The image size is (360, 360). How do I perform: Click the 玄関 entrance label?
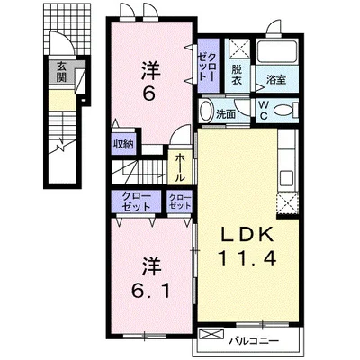(x=61, y=72)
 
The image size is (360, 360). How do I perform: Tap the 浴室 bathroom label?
(x=276, y=79)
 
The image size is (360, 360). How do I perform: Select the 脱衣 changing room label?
(x=237, y=75)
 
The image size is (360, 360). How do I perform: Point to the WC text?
(x=264, y=111)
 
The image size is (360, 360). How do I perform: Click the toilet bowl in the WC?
(x=283, y=111)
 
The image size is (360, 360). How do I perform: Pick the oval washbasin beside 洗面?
(x=206, y=111)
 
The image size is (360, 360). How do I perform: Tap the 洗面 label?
(x=226, y=114)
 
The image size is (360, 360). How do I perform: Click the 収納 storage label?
(x=123, y=145)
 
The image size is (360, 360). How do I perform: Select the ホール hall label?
(x=180, y=167)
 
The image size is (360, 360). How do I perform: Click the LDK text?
(x=247, y=234)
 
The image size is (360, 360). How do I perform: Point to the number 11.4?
(x=247, y=258)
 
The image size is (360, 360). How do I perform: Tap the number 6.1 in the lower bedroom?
(x=150, y=290)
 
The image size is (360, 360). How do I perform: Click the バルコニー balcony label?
(x=255, y=341)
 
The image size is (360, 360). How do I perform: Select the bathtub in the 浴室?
(x=276, y=51)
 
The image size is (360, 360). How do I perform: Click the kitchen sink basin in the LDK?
(x=287, y=179)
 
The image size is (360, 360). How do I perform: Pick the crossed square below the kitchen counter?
(x=287, y=203)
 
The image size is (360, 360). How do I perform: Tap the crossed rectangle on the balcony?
(x=211, y=334)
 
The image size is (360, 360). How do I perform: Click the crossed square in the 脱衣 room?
(x=238, y=49)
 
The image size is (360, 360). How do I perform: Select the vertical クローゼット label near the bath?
(x=207, y=67)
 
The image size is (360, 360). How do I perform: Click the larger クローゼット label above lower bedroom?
(x=136, y=202)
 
